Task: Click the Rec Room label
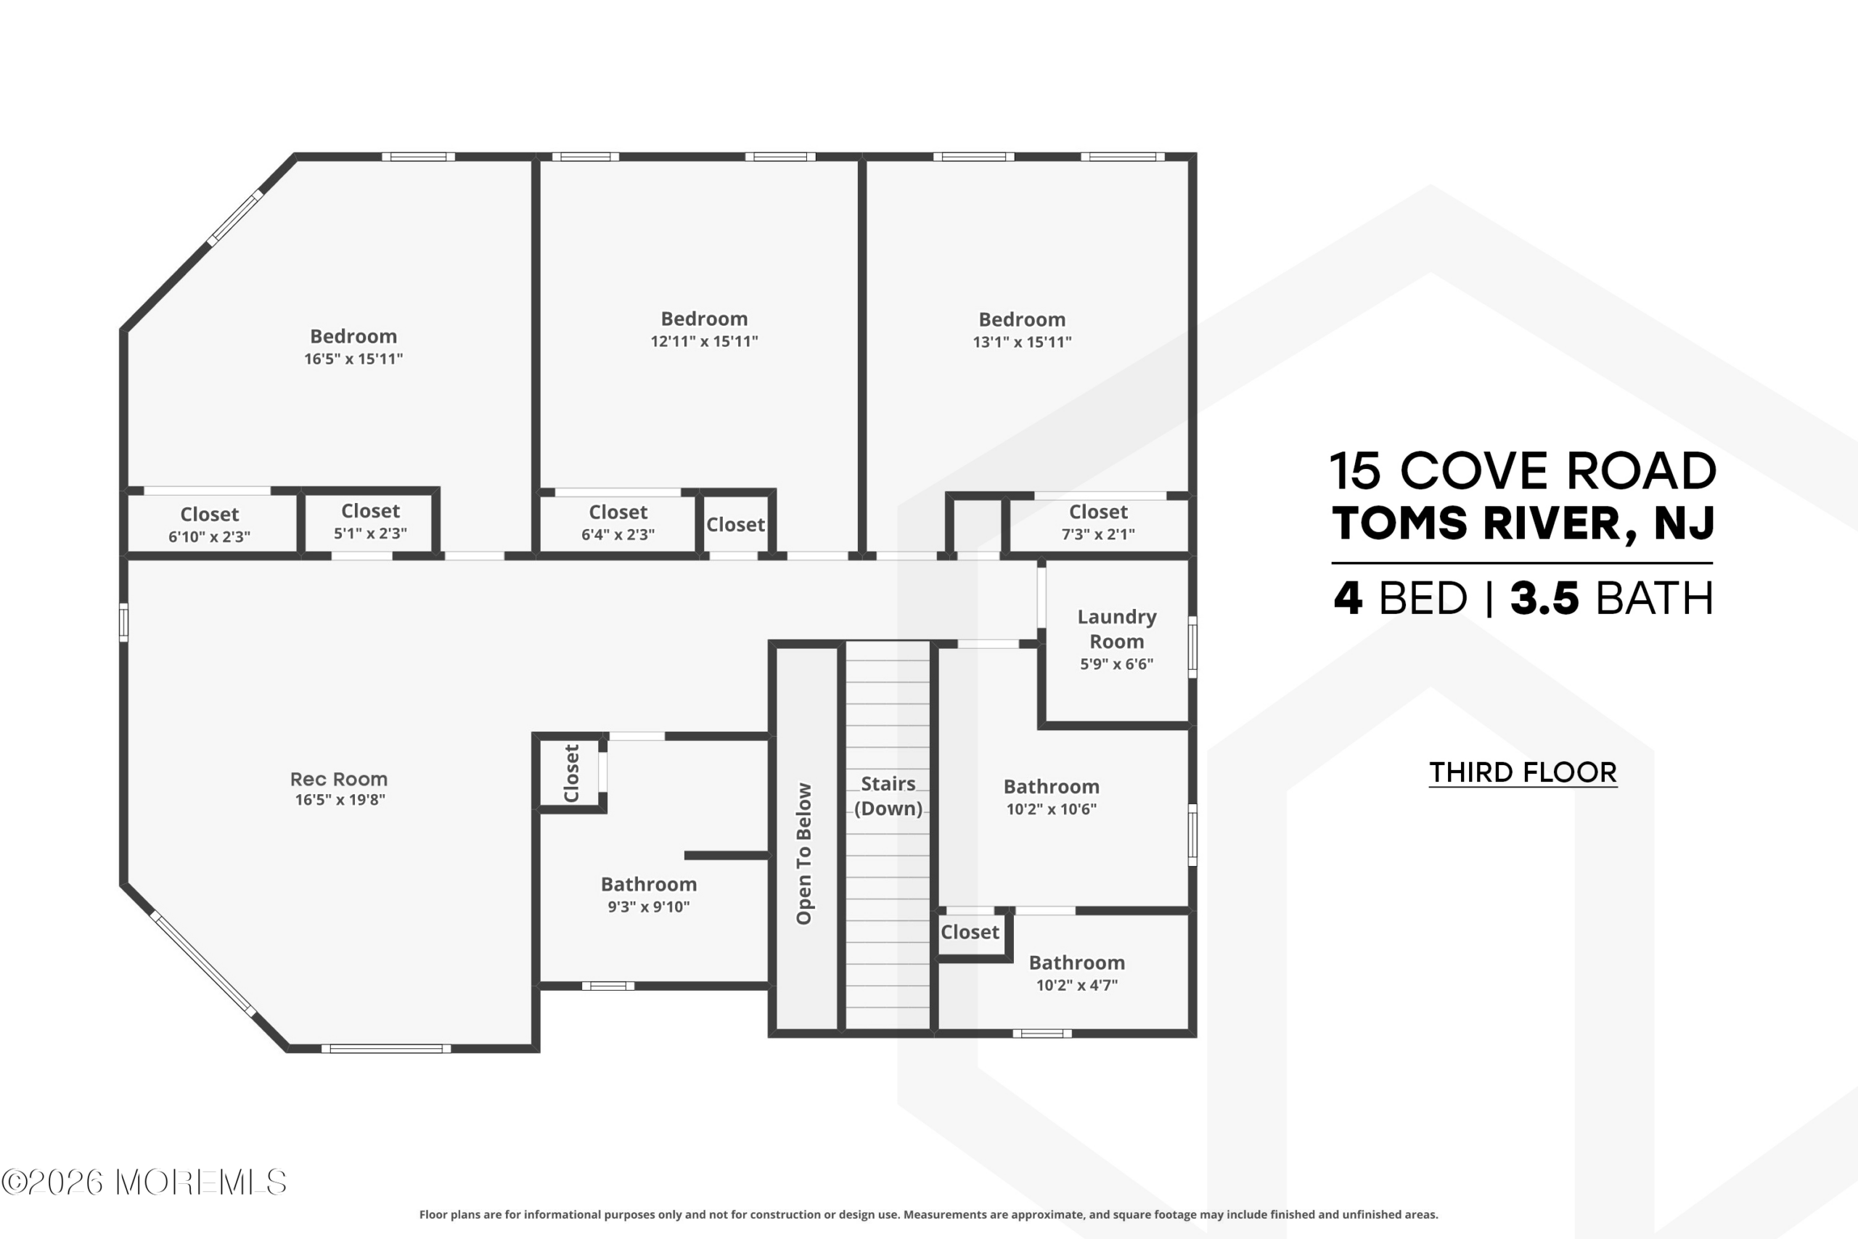339,779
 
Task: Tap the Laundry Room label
1116,629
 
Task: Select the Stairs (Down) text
888,796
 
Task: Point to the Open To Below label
803,854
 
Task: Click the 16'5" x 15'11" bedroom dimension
353,359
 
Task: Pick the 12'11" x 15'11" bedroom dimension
704,341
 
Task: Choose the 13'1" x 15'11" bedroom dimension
1021,342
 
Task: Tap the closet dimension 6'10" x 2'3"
209,536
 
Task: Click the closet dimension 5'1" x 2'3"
370,533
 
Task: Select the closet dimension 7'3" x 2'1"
1098,534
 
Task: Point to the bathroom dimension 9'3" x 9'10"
649,907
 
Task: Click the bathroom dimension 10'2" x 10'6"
1052,809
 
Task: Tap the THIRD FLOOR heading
1523,772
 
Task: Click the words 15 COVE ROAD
1523,471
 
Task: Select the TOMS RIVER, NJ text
1523,523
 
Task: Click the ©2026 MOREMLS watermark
144,1182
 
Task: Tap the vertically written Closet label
571,773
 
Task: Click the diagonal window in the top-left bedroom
234,218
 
